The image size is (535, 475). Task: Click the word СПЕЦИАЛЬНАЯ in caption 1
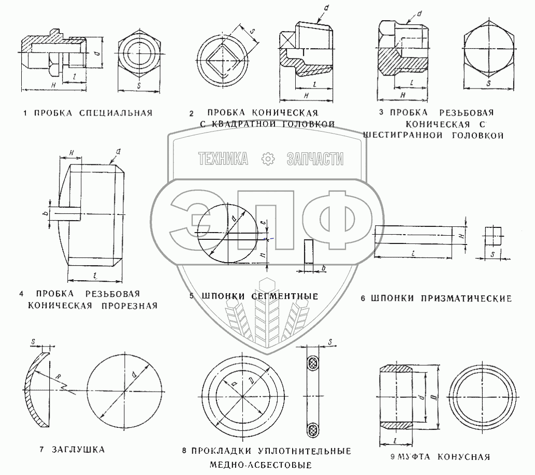(115, 113)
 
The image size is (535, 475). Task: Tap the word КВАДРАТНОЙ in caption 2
(243, 124)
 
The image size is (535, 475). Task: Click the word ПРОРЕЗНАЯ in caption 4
(129, 306)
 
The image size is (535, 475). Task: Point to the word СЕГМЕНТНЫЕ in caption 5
(284, 296)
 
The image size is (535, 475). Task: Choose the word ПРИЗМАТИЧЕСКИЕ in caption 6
(466, 298)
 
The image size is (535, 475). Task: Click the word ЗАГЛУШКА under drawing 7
(78, 450)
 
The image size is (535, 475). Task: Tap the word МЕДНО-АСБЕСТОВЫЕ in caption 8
(261, 465)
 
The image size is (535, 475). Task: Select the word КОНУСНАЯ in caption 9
(464, 457)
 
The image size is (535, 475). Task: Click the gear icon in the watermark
(268, 159)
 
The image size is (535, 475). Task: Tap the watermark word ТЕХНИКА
(223, 159)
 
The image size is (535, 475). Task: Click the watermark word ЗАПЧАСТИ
(315, 159)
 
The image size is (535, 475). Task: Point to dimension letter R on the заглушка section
(58, 377)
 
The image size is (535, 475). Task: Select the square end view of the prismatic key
(494, 236)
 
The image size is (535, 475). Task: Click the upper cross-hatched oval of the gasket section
(312, 363)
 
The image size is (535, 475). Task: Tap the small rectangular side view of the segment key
(309, 251)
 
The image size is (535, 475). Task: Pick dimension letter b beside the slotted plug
(45, 213)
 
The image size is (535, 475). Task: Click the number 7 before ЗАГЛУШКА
(41, 450)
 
